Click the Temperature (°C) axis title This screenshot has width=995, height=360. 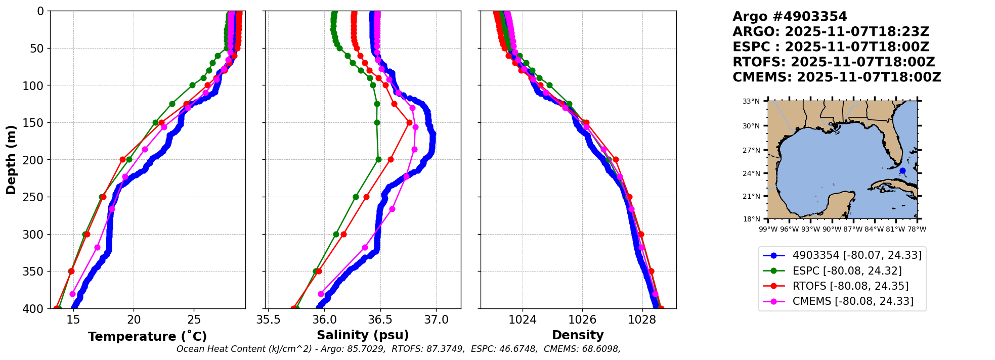147,336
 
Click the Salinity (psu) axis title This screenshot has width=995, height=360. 363,335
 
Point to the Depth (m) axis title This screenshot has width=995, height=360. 11,159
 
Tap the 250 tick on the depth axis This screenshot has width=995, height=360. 35,197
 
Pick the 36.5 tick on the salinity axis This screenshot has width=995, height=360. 380,320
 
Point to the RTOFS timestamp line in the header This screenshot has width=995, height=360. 834,62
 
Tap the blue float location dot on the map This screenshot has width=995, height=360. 902,170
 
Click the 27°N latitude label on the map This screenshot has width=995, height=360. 751,150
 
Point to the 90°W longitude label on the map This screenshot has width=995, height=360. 832,229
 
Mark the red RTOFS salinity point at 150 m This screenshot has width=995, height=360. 409,122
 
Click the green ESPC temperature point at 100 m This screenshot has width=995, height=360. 192,85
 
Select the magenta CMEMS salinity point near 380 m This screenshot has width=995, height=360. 321,294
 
